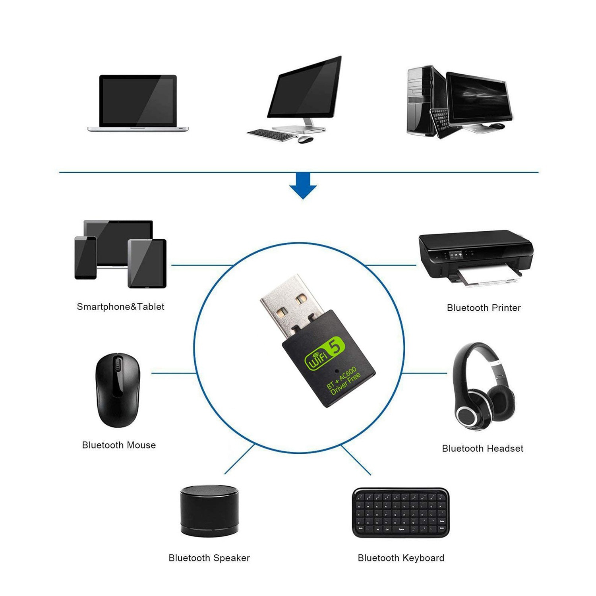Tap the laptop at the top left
click(x=138, y=103)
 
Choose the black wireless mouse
click(x=118, y=389)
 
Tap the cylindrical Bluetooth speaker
click(x=209, y=511)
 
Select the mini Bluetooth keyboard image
click(x=401, y=513)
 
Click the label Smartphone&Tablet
click(x=120, y=307)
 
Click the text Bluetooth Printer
click(x=484, y=308)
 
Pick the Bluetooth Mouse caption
click(x=119, y=445)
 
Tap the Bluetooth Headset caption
click(x=482, y=449)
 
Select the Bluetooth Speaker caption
click(x=209, y=558)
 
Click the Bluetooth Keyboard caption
click(x=401, y=558)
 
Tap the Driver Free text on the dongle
click(x=346, y=385)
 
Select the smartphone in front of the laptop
click(x=85, y=257)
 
